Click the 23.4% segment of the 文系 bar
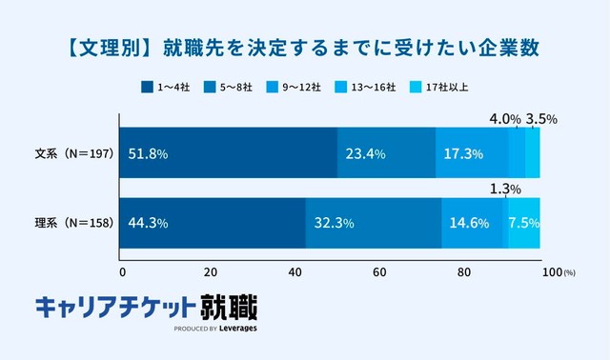point(386,153)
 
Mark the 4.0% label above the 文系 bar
point(504,120)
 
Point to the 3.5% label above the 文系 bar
point(540,120)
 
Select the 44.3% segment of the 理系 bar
point(212,224)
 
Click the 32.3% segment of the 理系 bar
point(374,224)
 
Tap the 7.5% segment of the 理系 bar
point(524,224)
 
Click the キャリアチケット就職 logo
point(146,310)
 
